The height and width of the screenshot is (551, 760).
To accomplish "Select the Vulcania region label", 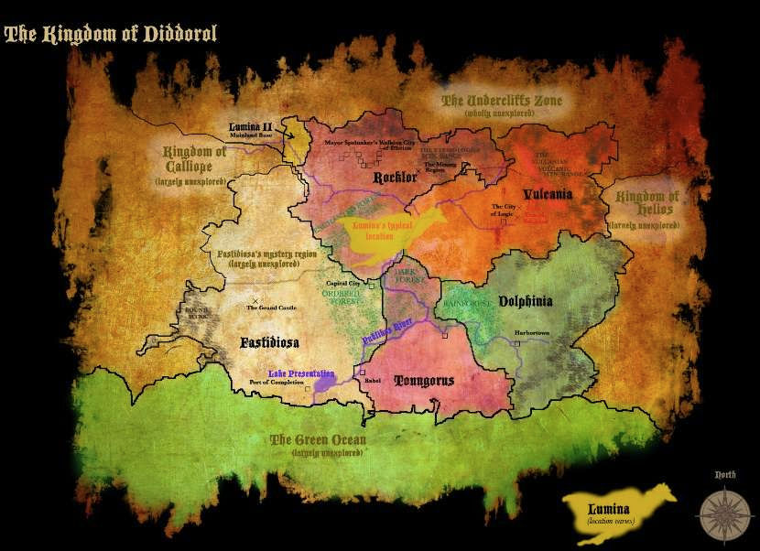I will click(x=548, y=194).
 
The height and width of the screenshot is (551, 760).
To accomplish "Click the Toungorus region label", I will click(x=424, y=380).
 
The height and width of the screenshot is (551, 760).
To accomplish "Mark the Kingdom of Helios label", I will click(x=647, y=203).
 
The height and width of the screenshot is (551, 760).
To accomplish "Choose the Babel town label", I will click(x=372, y=382).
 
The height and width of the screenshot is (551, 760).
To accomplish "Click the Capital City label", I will click(x=342, y=284).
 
